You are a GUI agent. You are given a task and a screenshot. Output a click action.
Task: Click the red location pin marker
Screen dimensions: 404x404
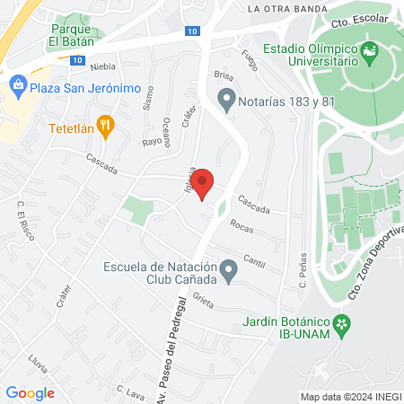tap(203, 183)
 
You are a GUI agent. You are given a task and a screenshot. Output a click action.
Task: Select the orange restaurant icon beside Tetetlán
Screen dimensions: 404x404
tap(106, 127)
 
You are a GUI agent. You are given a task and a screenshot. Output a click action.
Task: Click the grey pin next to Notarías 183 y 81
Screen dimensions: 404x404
tap(226, 100)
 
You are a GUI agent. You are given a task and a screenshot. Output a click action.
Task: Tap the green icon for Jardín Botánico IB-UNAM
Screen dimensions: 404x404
tap(340, 324)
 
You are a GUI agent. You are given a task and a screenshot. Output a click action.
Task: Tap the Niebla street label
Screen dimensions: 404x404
tap(101, 66)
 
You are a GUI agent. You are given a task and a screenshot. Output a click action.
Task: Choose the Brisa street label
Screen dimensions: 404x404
tap(224, 75)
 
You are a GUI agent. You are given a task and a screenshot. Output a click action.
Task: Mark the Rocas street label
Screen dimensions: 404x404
tap(241, 225)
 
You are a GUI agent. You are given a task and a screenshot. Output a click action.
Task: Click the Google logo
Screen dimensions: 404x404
tap(31, 392)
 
